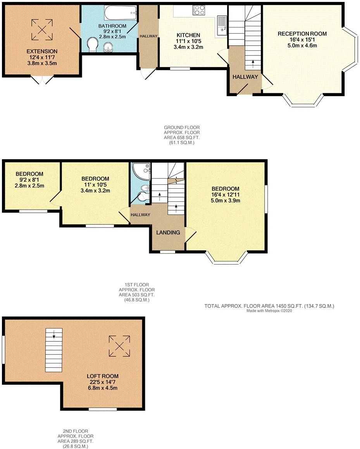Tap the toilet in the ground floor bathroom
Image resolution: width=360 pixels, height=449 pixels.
pos(92,45)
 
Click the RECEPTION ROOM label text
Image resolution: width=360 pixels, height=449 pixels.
pos(302,34)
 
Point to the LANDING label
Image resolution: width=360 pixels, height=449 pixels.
pos(168,233)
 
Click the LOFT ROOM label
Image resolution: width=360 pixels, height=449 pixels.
pos(102,376)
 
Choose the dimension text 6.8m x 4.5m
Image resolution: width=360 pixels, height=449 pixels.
pos(102,388)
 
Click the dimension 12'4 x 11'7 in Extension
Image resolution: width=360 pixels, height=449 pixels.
pos(42,57)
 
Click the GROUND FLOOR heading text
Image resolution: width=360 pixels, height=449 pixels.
pos(182,127)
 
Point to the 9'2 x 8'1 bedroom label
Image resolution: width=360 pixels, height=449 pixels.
pos(29,180)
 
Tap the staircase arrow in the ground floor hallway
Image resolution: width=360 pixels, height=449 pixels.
pos(253,62)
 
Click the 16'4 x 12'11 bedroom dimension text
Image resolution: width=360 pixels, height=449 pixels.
pos(226,195)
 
